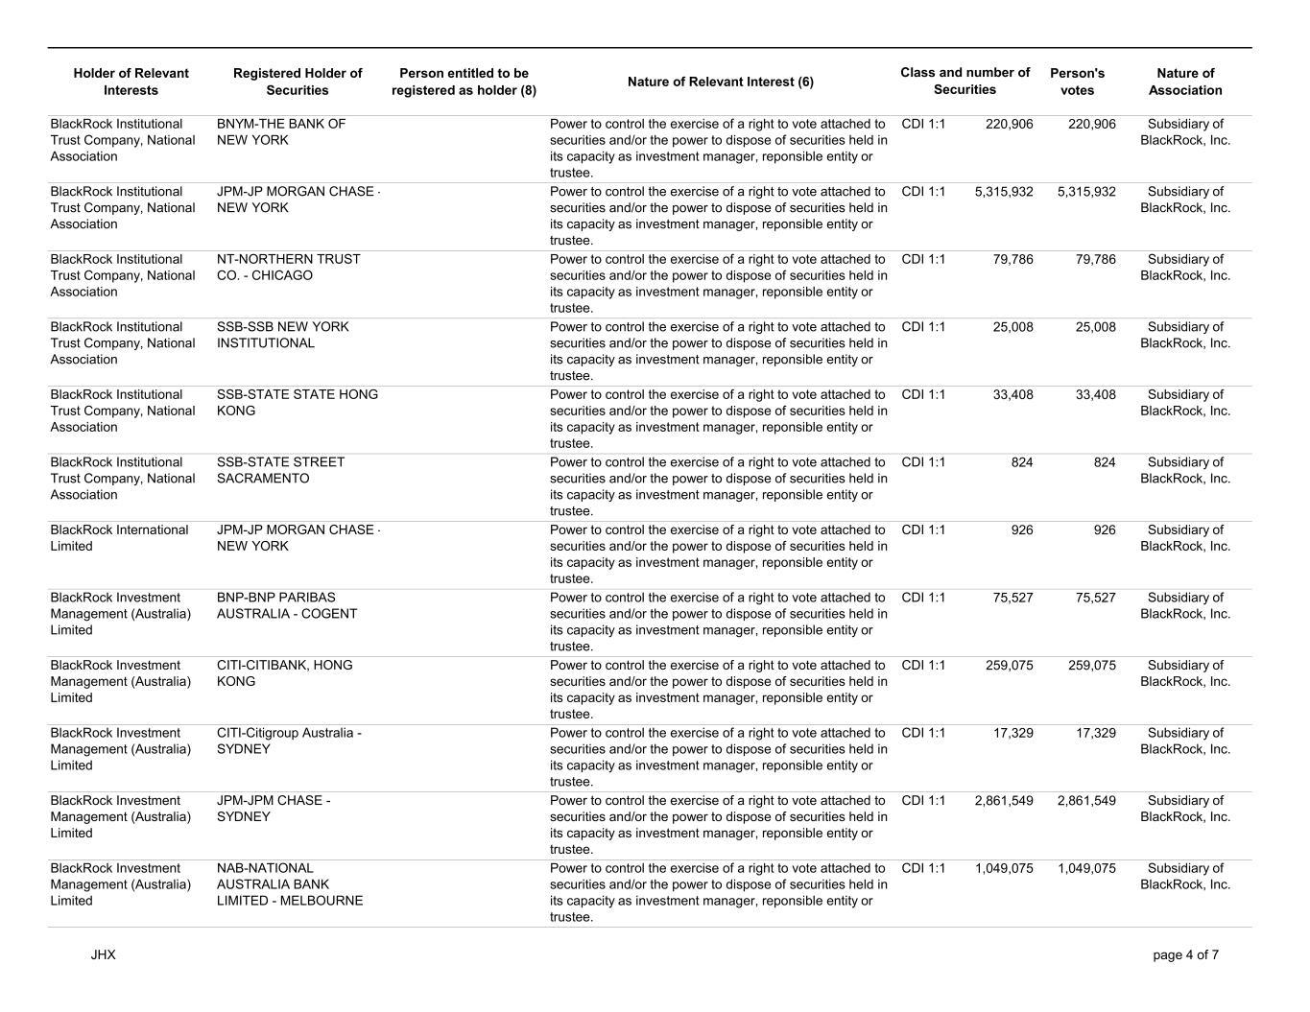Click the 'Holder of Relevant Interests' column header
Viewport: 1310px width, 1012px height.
tap(131, 82)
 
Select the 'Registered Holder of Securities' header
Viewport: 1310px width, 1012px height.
tap(298, 82)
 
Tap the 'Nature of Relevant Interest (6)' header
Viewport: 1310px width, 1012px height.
tap(720, 82)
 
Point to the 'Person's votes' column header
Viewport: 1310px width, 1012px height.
tap(1077, 82)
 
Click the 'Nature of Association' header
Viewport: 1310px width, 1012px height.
tap(1185, 82)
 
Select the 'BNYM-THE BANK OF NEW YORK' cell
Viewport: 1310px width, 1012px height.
tap(281, 132)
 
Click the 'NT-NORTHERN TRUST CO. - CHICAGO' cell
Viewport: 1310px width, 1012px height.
tap(289, 268)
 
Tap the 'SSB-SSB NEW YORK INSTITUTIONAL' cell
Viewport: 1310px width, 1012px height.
tap(283, 335)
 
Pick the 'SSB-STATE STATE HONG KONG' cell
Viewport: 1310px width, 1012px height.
tap(298, 403)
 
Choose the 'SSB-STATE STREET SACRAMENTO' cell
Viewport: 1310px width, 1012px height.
tap(280, 470)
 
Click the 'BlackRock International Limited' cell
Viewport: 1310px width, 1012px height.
tap(119, 538)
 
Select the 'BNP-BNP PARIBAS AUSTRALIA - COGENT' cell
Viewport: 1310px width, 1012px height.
tap(287, 605)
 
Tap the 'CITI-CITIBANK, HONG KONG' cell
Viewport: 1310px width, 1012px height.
tap(285, 673)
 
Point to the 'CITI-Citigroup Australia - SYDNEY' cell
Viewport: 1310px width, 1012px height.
tap(289, 741)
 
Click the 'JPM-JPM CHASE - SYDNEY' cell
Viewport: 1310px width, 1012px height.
tap(274, 809)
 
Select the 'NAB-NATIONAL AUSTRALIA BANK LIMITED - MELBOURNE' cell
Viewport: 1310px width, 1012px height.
tap(290, 884)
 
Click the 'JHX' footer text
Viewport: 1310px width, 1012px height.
tap(104, 955)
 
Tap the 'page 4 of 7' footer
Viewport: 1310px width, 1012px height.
tap(1185, 955)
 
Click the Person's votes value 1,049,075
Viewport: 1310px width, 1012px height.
tap(1086, 868)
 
